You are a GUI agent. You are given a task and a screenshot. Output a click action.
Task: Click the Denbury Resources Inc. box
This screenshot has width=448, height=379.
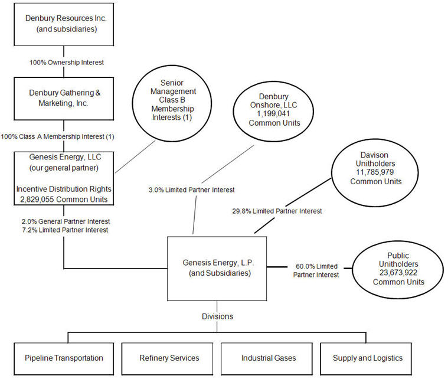(64, 24)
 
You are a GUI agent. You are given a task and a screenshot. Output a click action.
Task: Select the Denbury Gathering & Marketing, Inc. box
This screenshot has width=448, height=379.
(64, 97)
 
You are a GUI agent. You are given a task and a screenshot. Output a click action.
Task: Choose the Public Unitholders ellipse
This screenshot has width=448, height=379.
(398, 269)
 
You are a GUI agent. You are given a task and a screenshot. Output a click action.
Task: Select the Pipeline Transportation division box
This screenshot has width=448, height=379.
(64, 358)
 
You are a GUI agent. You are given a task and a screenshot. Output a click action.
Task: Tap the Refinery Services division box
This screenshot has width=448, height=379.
(169, 358)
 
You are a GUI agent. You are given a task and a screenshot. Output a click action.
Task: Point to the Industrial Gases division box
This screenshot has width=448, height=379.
(269, 358)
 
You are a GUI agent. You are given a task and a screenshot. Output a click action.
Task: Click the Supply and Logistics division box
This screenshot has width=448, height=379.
(367, 358)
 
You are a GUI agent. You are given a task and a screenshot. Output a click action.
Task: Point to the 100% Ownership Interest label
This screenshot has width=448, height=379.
(64, 61)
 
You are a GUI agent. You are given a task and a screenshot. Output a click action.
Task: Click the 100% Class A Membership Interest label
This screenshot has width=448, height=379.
(57, 137)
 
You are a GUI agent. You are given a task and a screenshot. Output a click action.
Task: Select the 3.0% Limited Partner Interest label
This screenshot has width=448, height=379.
(191, 189)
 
